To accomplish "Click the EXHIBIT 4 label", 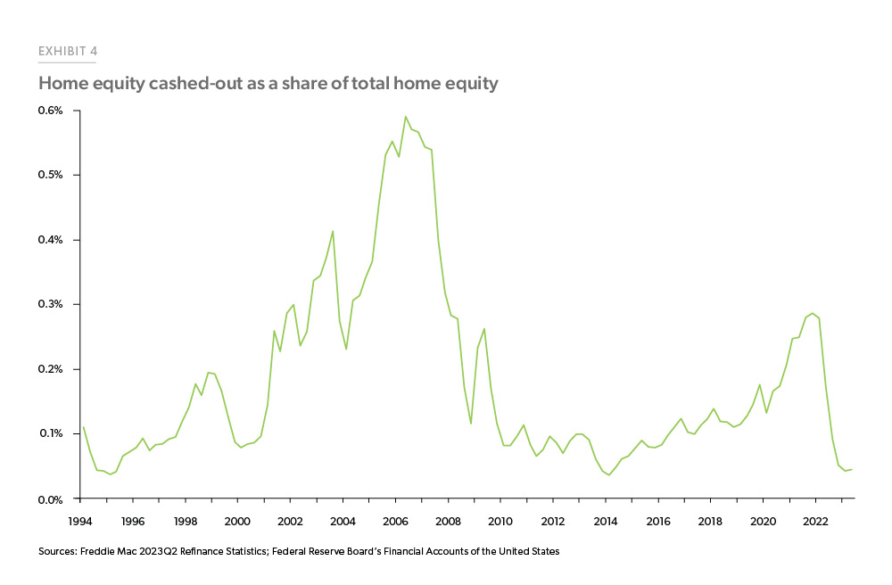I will coord(68,52).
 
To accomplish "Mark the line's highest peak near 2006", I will coord(406,116).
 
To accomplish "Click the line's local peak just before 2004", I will coord(333,231).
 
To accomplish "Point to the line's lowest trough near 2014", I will coord(608,474).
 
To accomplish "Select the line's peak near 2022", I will coord(812,313).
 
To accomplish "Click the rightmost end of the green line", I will coord(852,469).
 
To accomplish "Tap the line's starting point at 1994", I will coord(82,426).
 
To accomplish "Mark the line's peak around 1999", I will coord(208,372).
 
